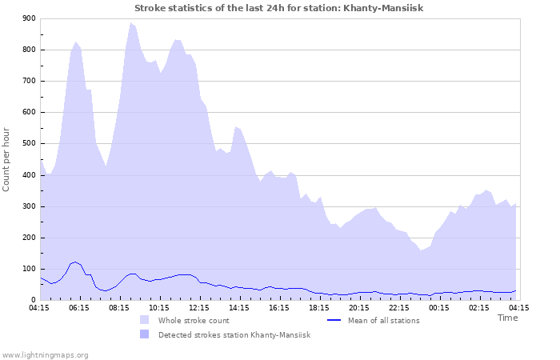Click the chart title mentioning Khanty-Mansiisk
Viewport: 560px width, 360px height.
278,8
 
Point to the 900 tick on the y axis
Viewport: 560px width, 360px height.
30,18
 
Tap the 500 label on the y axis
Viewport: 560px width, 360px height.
30,144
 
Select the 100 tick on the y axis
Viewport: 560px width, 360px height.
30,270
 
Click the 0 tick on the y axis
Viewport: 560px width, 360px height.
33,301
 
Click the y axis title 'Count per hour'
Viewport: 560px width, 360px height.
7,158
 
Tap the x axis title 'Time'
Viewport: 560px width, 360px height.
507,318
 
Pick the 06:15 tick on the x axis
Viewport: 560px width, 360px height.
79,307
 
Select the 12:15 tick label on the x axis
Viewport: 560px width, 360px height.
199,307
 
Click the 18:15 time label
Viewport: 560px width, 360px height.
319,307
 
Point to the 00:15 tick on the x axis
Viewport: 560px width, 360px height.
439,307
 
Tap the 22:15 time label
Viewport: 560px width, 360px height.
399,307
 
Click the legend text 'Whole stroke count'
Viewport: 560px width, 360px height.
194,320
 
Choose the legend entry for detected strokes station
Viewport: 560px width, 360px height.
234,334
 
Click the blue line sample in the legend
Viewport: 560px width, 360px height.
335,320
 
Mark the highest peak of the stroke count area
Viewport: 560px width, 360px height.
130,23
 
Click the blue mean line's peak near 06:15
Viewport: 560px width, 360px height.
75,262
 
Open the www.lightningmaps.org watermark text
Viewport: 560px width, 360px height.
46,354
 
